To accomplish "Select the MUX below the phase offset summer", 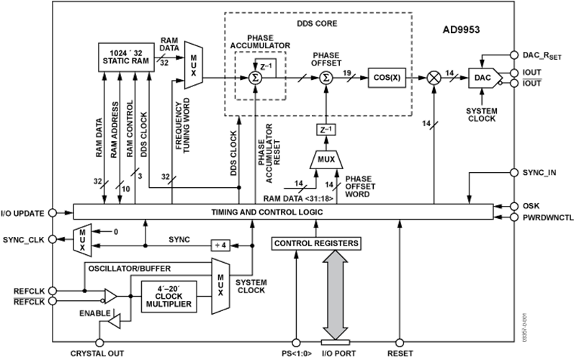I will coord(328,159).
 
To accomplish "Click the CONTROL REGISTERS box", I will coord(315,244).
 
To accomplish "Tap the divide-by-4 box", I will coord(220,246).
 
